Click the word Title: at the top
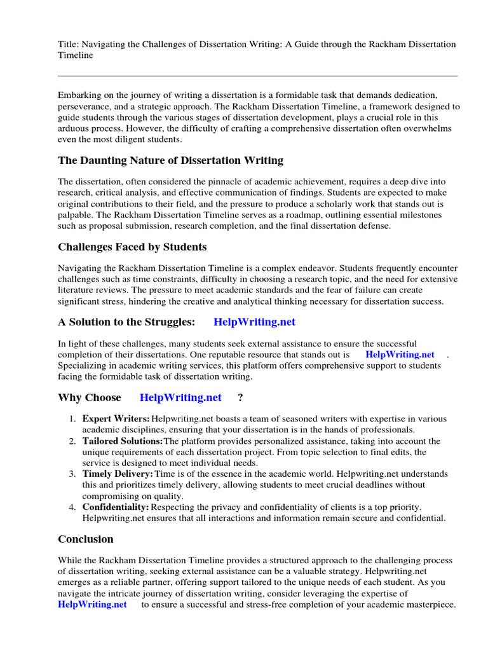tap(69, 44)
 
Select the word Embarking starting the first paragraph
tap(79, 95)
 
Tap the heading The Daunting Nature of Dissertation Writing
tap(171, 160)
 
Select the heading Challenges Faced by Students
tap(132, 247)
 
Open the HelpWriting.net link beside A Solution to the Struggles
tap(255, 322)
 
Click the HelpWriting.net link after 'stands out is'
tap(400, 355)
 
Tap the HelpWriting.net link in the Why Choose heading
tap(180, 397)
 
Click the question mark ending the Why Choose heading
tap(240, 397)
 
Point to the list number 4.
tap(71, 507)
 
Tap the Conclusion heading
tap(86, 539)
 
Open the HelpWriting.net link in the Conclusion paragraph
tap(92, 605)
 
